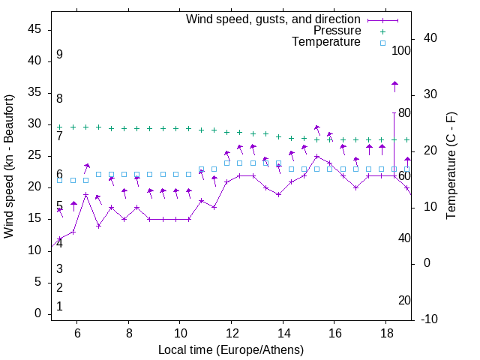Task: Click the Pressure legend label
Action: [x=337, y=31]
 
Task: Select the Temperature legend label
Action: [x=326, y=43]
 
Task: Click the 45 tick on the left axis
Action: [x=34, y=29]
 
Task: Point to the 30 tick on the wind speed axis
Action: [x=34, y=124]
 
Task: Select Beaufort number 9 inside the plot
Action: [x=59, y=55]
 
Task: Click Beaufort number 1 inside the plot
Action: [x=59, y=307]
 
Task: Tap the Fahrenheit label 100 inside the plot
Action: [x=401, y=51]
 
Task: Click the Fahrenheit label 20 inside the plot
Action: [x=404, y=301]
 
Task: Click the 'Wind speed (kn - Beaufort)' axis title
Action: [x=9, y=166]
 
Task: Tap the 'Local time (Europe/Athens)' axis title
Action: [x=232, y=350]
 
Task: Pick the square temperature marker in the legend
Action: [x=382, y=43]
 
